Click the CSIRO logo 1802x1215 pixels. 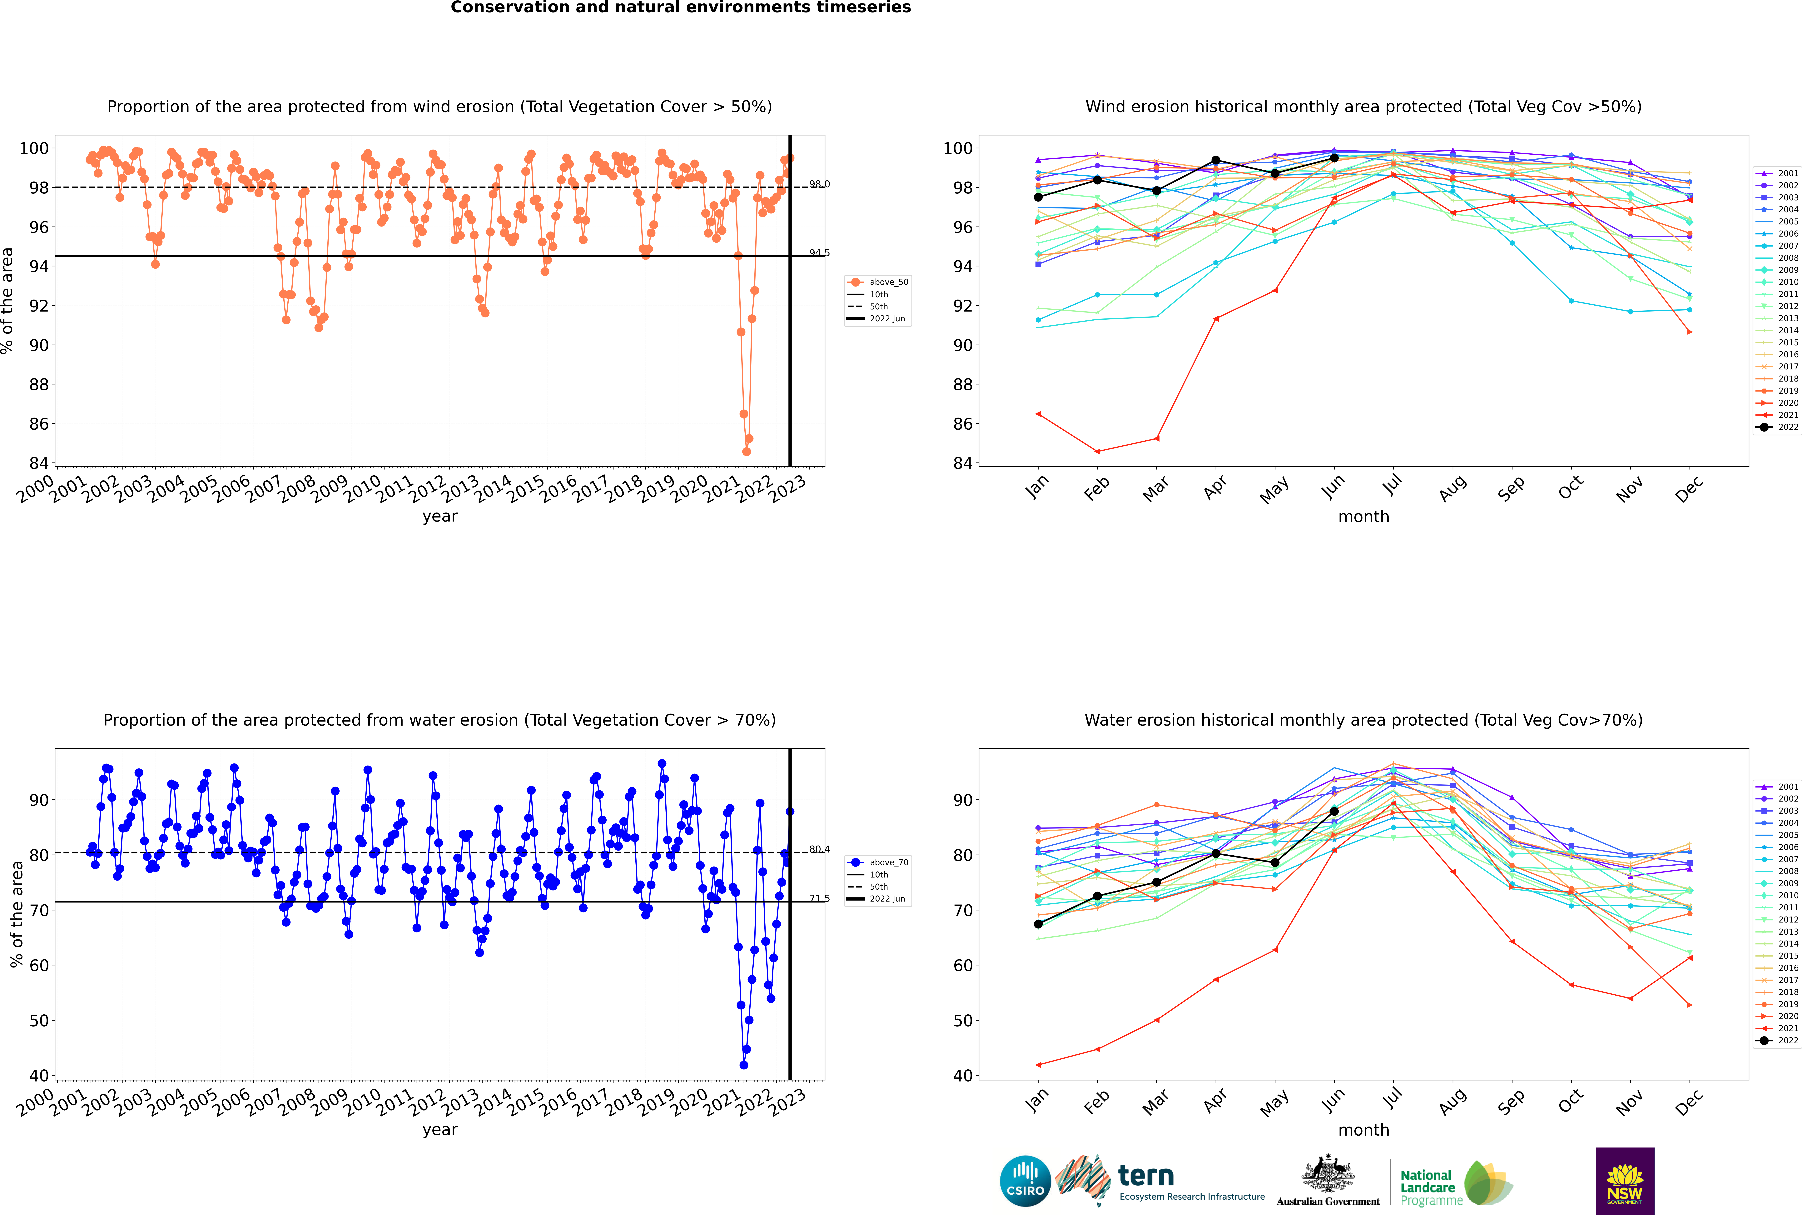[1025, 1181]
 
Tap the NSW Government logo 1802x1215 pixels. [1625, 1181]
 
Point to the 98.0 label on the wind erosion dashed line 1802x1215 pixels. [819, 184]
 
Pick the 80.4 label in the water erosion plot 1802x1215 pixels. [819, 849]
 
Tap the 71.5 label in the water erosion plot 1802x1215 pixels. [819, 899]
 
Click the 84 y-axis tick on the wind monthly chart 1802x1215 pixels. [963, 463]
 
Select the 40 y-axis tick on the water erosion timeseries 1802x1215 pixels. [39, 1076]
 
